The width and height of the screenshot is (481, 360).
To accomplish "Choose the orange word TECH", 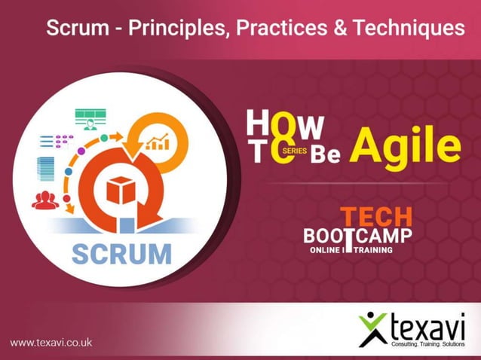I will (376, 217).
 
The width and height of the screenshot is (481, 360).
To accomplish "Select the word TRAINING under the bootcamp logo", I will (368, 249).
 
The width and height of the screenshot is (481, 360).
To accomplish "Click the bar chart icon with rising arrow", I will (157, 140).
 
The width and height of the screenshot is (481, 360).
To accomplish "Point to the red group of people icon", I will (45, 200).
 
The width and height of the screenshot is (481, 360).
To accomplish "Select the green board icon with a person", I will (90, 118).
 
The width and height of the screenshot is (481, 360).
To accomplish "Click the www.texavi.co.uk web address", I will (51, 342).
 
